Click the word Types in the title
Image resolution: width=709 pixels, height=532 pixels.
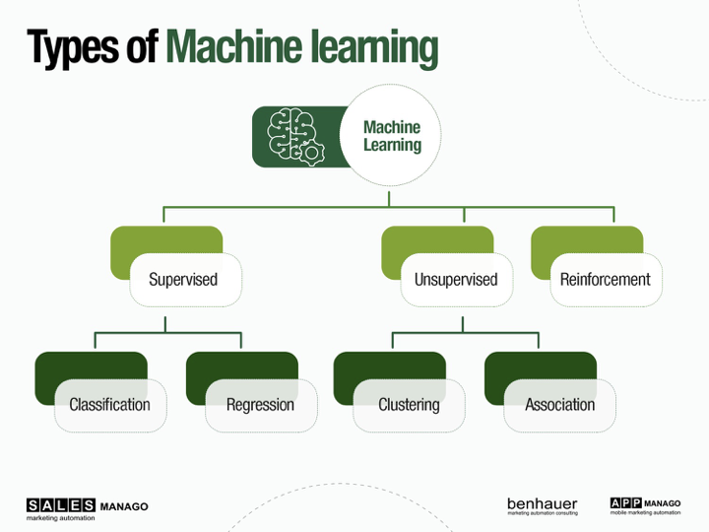(73, 47)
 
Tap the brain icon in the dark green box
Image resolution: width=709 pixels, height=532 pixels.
(294, 136)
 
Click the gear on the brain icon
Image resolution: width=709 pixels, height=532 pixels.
(311, 153)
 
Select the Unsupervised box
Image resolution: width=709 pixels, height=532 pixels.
(456, 280)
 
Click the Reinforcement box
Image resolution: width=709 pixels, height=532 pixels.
(606, 280)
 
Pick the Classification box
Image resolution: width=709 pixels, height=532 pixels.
(110, 405)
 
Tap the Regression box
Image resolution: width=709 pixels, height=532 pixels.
(261, 405)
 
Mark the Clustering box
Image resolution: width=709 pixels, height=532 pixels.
(409, 405)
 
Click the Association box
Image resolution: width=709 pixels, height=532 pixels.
(559, 405)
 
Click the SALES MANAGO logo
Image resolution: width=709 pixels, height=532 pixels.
(88, 509)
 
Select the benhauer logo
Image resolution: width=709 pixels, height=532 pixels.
(543, 506)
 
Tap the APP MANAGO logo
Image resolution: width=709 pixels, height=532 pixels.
(645, 506)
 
